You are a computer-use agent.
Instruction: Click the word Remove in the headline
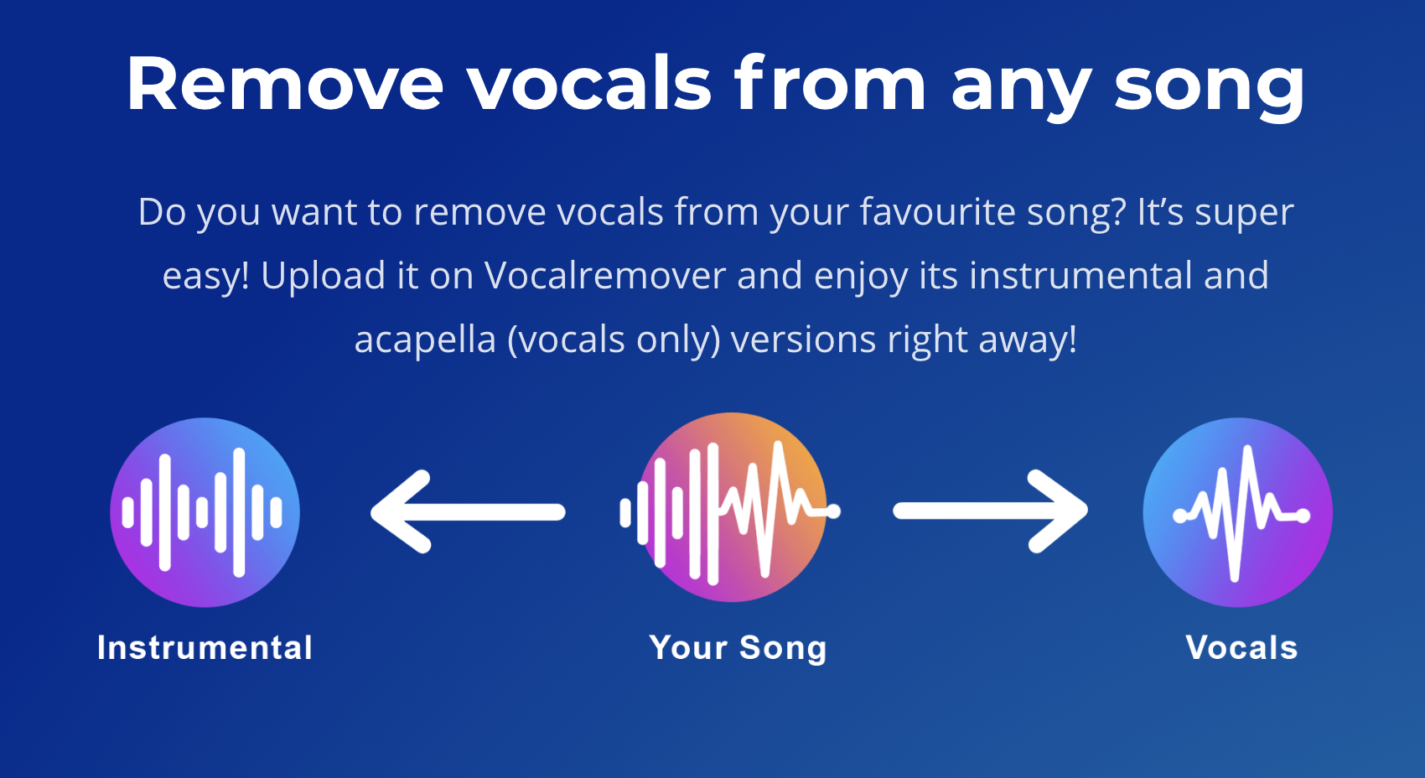(285, 84)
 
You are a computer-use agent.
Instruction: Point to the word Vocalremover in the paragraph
(605, 276)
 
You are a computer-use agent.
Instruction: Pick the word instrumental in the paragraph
(1080, 276)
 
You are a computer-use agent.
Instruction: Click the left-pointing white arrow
(469, 511)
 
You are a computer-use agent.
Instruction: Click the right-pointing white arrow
(991, 511)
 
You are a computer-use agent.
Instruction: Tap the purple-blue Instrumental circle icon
(205, 512)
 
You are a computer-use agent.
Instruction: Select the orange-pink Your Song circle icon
(732, 508)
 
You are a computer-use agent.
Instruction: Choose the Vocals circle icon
(1237, 512)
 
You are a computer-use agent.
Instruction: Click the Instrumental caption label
(205, 647)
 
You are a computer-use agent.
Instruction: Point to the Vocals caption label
(1241, 647)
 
